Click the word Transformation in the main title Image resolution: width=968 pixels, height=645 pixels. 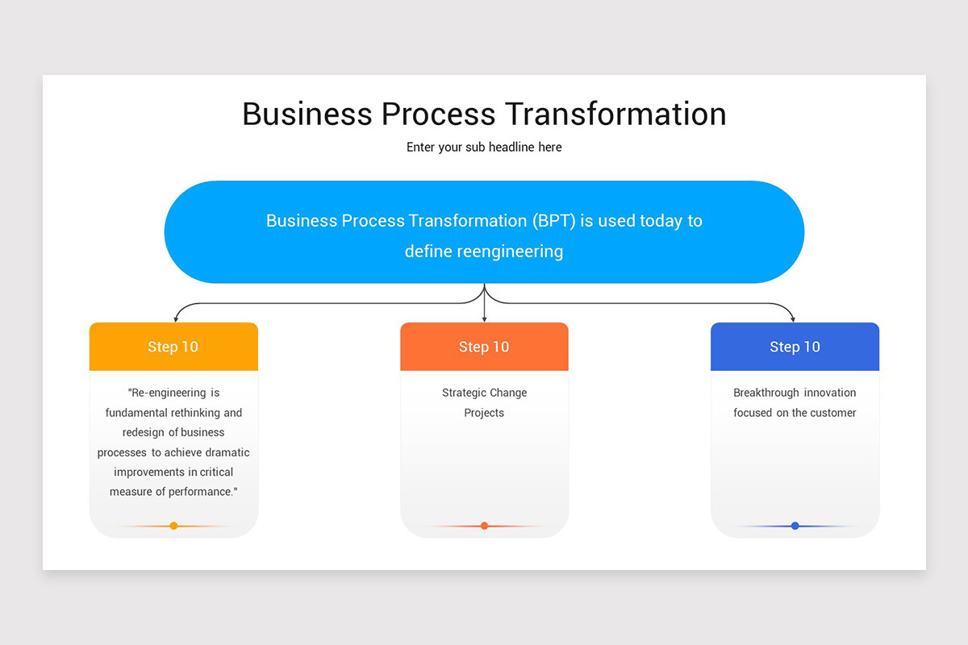pyautogui.click(x=618, y=114)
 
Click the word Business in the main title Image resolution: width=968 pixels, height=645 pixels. pyautogui.click(x=306, y=114)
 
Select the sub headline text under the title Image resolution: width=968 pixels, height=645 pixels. pyautogui.click(x=484, y=148)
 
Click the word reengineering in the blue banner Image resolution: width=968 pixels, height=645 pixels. pyautogui.click(x=510, y=252)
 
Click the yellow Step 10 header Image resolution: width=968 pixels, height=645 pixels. pyautogui.click(x=173, y=347)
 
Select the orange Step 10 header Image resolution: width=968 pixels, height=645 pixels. pyautogui.click(x=484, y=347)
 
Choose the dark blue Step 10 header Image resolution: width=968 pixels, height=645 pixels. pyautogui.click(x=795, y=347)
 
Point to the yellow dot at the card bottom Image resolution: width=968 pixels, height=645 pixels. pyautogui.click(x=173, y=526)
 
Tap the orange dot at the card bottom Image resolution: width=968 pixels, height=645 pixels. pyautogui.click(x=484, y=526)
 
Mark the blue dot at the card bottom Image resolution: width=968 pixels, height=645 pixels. pyautogui.click(x=795, y=526)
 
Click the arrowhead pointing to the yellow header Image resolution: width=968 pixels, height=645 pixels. pyautogui.click(x=176, y=319)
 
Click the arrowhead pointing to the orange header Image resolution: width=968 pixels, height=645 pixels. pyautogui.click(x=484, y=319)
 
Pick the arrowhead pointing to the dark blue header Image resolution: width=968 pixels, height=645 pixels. pyautogui.click(x=793, y=319)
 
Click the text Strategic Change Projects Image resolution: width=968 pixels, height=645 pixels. pyautogui.click(x=484, y=402)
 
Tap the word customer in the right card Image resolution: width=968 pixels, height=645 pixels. pyautogui.click(x=832, y=413)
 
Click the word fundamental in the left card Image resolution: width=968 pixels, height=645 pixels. pyautogui.click(x=139, y=413)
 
